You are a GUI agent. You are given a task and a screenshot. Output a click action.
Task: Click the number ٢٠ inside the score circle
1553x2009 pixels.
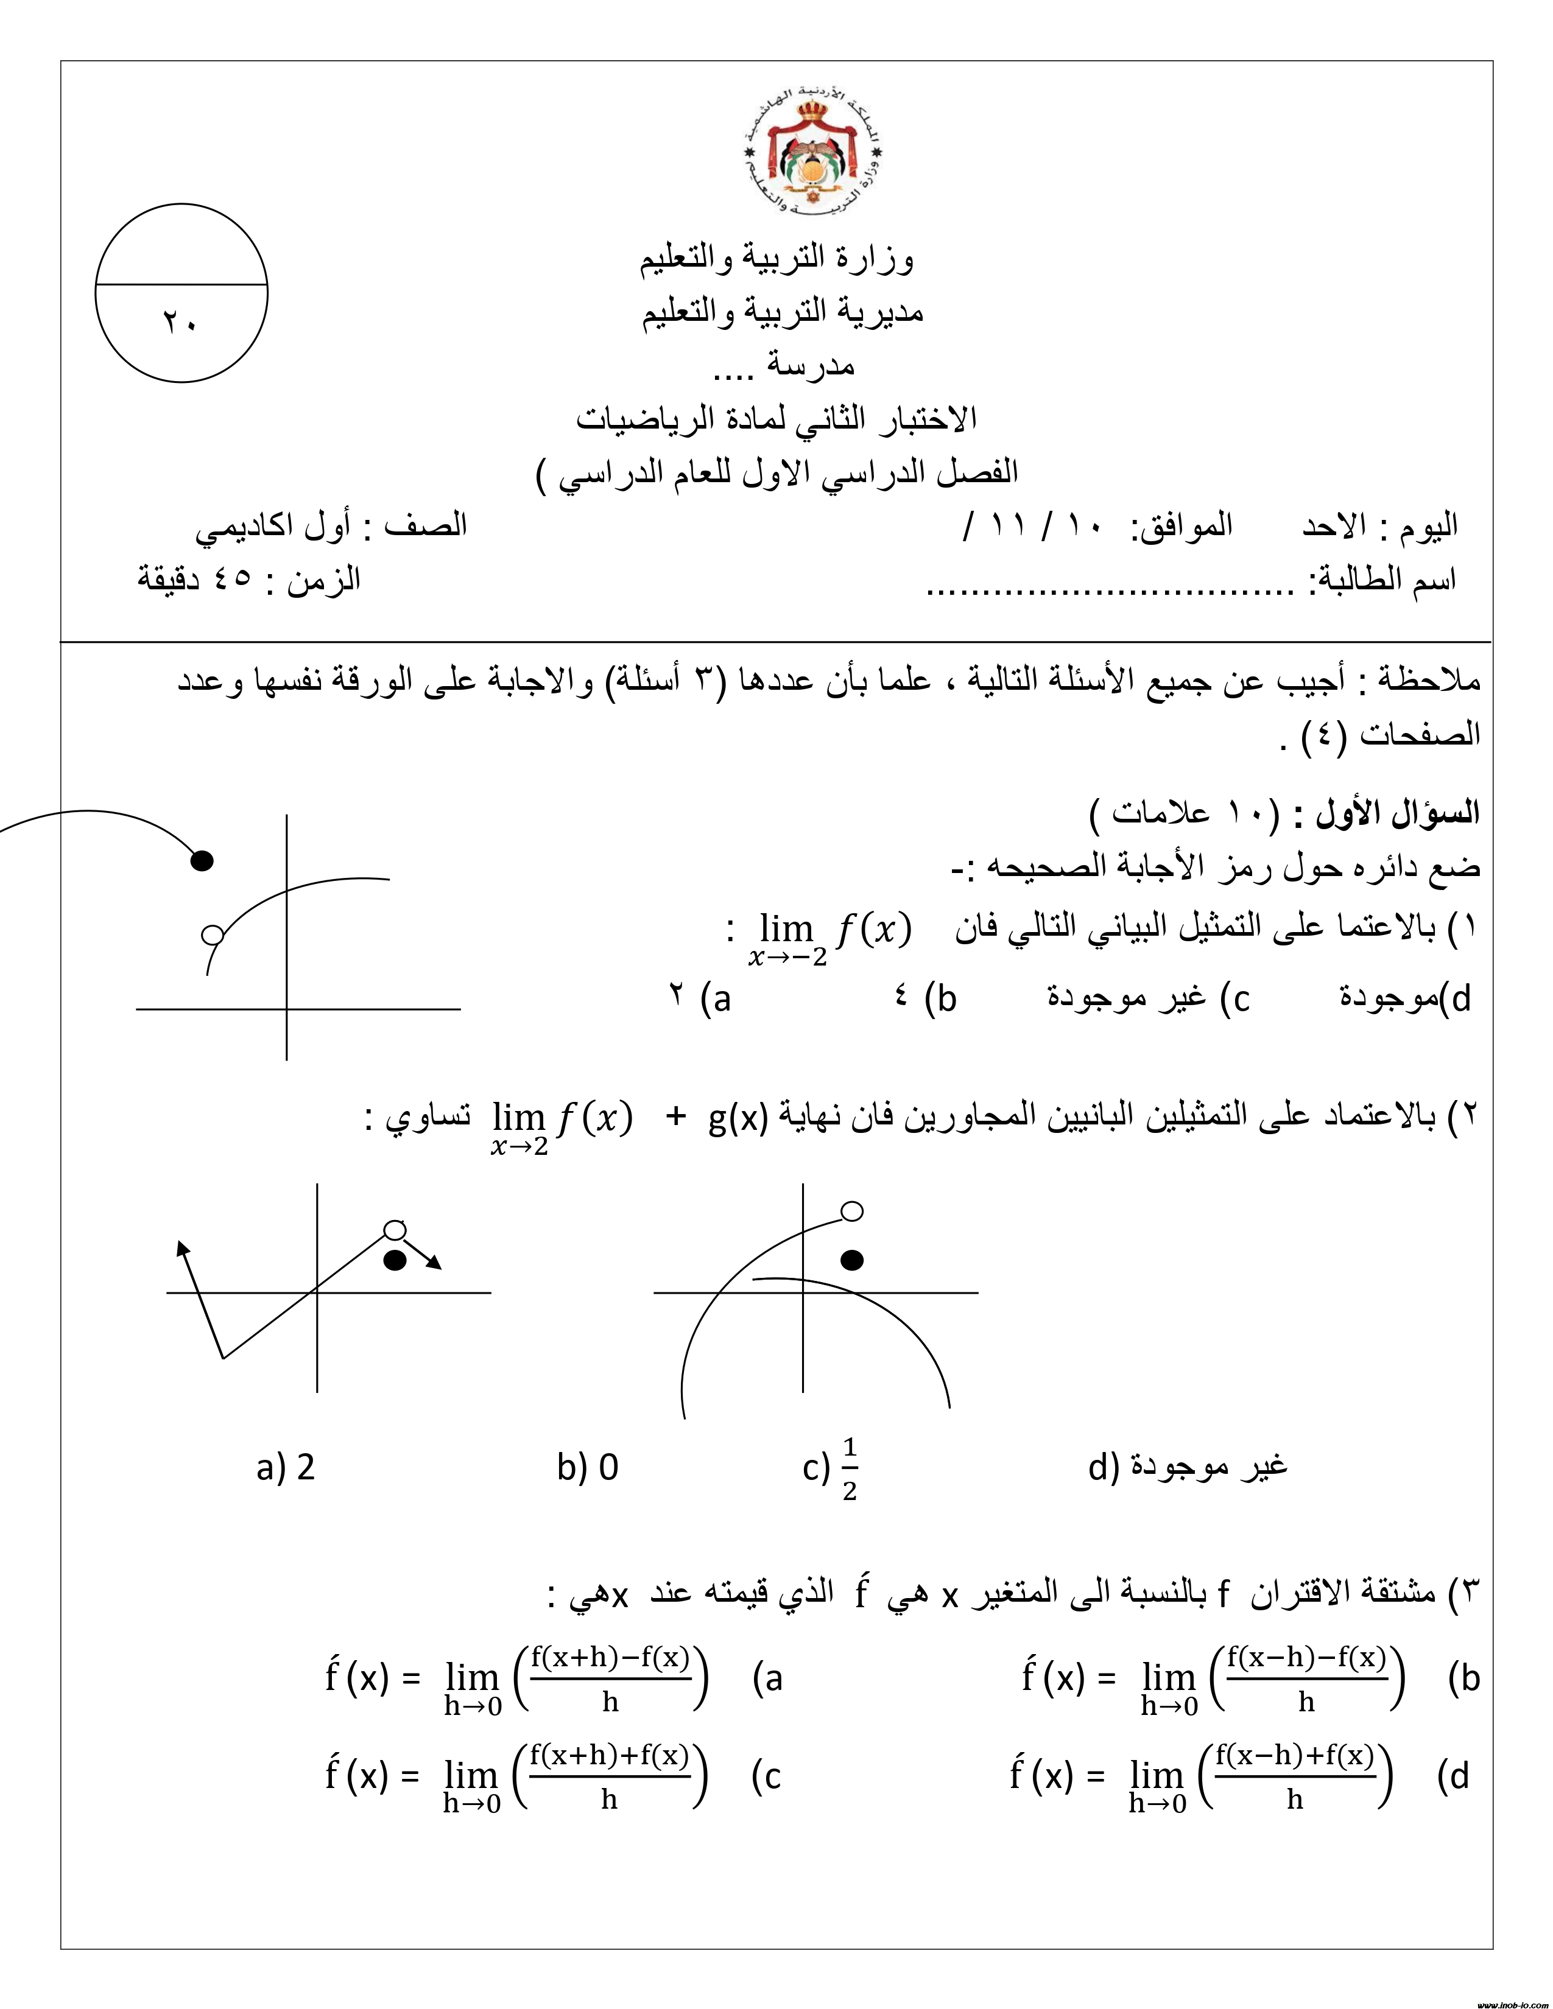[x=180, y=323]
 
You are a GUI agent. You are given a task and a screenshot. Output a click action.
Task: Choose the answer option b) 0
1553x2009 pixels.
[x=588, y=1467]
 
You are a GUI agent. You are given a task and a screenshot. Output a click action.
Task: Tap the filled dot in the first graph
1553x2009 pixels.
[x=202, y=861]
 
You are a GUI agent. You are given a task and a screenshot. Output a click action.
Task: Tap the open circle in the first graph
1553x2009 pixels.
[x=213, y=934]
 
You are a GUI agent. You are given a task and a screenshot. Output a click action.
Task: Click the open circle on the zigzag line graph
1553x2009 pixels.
[x=395, y=1230]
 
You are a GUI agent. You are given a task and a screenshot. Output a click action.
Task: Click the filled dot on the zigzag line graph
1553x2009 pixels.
[x=395, y=1260]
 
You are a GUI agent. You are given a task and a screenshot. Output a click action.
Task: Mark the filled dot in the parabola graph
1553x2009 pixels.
[x=852, y=1260]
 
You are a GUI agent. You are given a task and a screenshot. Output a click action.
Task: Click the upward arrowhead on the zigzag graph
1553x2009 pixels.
[x=182, y=1247]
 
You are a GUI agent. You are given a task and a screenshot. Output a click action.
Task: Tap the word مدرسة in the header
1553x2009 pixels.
[x=809, y=365]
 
